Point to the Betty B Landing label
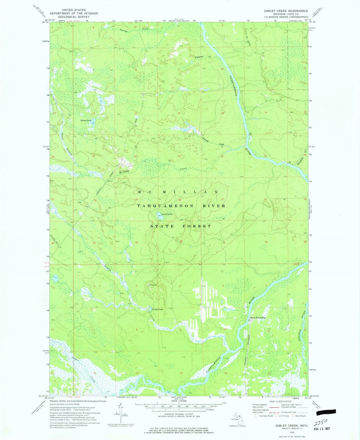coord(258,318)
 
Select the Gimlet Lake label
coord(158,309)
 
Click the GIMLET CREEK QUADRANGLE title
coord(286,11)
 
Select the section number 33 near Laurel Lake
coord(181,241)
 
